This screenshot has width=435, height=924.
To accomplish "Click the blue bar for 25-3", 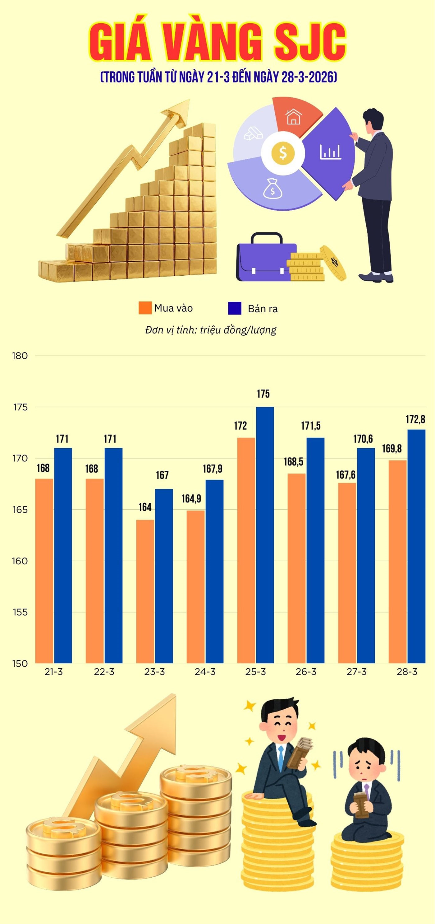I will click(x=265, y=534).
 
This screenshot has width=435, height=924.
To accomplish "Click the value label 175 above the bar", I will click(x=263, y=394).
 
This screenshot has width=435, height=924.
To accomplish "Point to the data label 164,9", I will click(x=191, y=499).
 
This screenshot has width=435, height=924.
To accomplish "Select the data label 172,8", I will click(x=415, y=419).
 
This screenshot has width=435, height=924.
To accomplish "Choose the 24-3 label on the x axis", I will click(x=205, y=672).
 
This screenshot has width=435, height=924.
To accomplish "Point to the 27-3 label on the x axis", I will click(x=356, y=672).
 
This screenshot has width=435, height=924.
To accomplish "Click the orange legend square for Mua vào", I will click(x=145, y=308).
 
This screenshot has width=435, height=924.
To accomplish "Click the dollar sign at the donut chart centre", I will click(x=283, y=153).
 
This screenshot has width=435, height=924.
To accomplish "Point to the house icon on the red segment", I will click(x=293, y=117).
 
